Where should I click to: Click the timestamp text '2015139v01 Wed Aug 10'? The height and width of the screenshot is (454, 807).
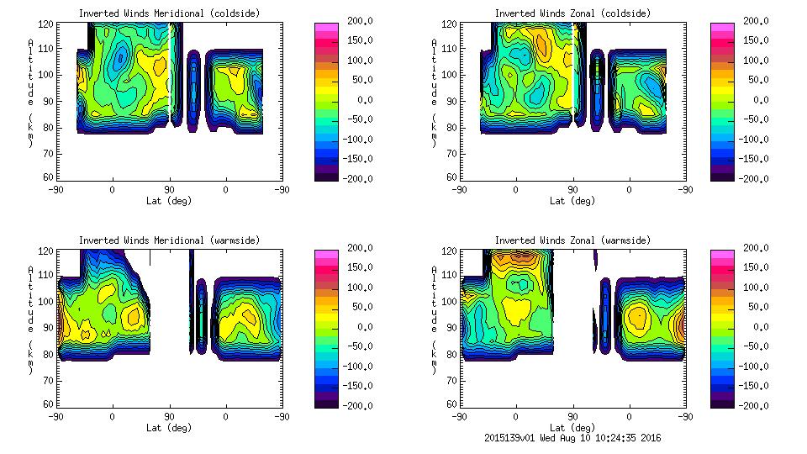pos(545,438)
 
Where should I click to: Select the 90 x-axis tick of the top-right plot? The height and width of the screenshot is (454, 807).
pos(572,190)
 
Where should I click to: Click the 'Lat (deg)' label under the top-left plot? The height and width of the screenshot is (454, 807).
pos(169,201)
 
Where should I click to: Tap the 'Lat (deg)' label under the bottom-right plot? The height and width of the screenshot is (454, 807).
pos(572,427)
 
